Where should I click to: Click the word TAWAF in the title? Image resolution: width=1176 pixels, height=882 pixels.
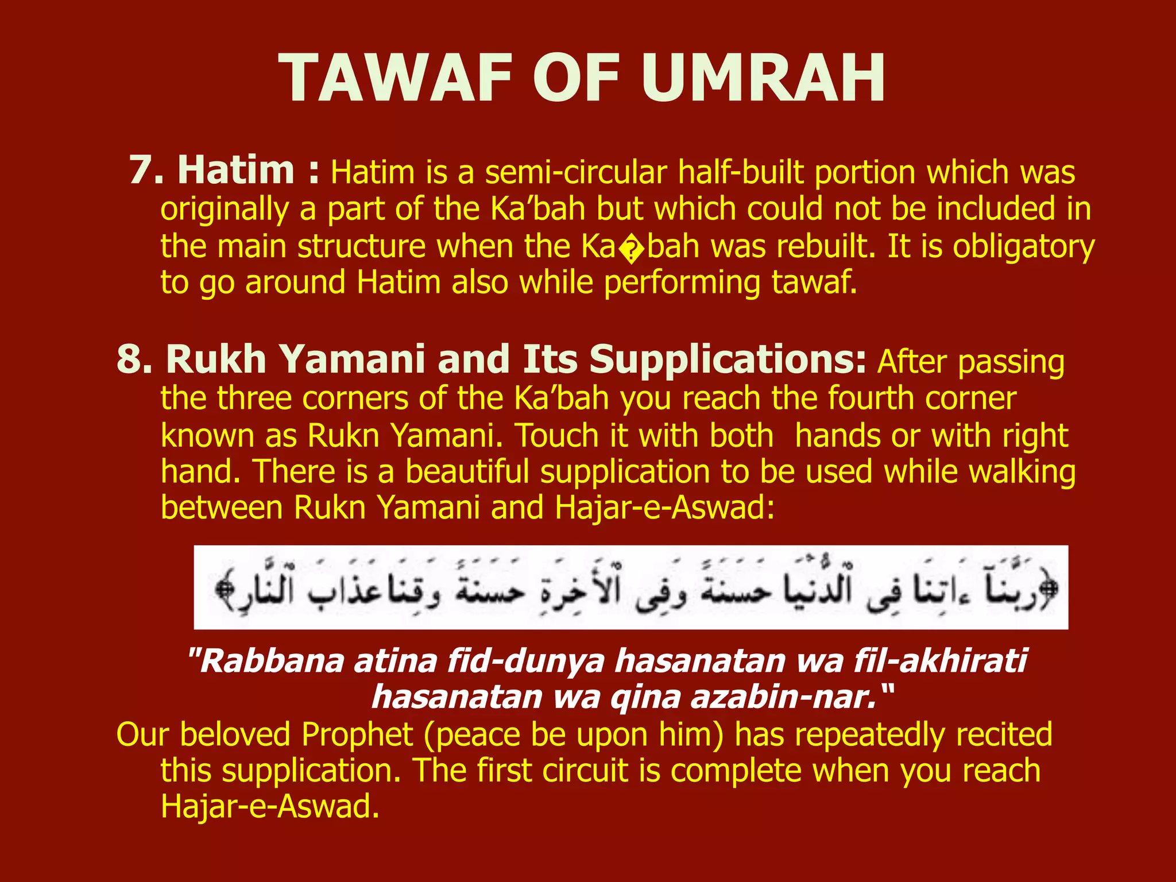pyautogui.click(x=396, y=79)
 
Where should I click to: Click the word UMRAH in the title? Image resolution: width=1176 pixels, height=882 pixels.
pyautogui.click(x=763, y=79)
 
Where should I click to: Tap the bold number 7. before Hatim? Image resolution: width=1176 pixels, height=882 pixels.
pyautogui.click(x=147, y=170)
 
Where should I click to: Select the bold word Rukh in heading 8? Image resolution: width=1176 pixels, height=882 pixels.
pyautogui.click(x=216, y=359)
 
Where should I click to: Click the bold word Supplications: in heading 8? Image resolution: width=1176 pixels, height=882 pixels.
pyautogui.click(x=728, y=359)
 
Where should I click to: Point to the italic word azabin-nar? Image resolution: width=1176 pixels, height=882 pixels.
pyautogui.click(x=783, y=697)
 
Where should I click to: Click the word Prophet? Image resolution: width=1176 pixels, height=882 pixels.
pyautogui.click(x=357, y=734)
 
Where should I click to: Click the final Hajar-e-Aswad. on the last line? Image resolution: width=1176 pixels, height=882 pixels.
pyautogui.click(x=270, y=807)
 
